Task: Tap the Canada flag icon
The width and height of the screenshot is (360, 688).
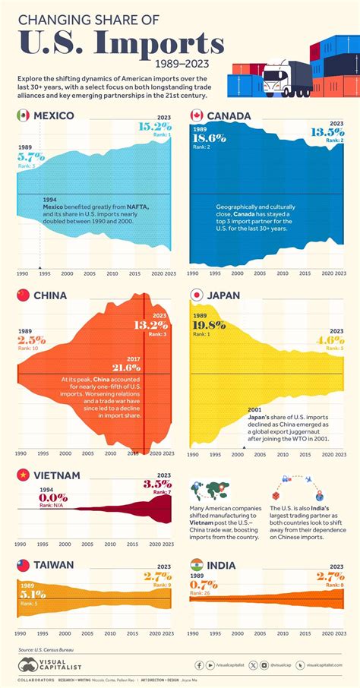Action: click(x=197, y=115)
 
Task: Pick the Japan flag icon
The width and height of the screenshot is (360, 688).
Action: click(x=197, y=295)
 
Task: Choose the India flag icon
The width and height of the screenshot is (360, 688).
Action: click(x=197, y=566)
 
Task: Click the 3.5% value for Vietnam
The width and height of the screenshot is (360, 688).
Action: click(x=157, y=484)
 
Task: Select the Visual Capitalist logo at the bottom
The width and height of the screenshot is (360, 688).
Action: click(x=46, y=665)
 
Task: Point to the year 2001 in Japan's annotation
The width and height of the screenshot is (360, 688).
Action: click(x=256, y=408)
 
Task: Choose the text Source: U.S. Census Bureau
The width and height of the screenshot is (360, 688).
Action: click(x=51, y=649)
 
